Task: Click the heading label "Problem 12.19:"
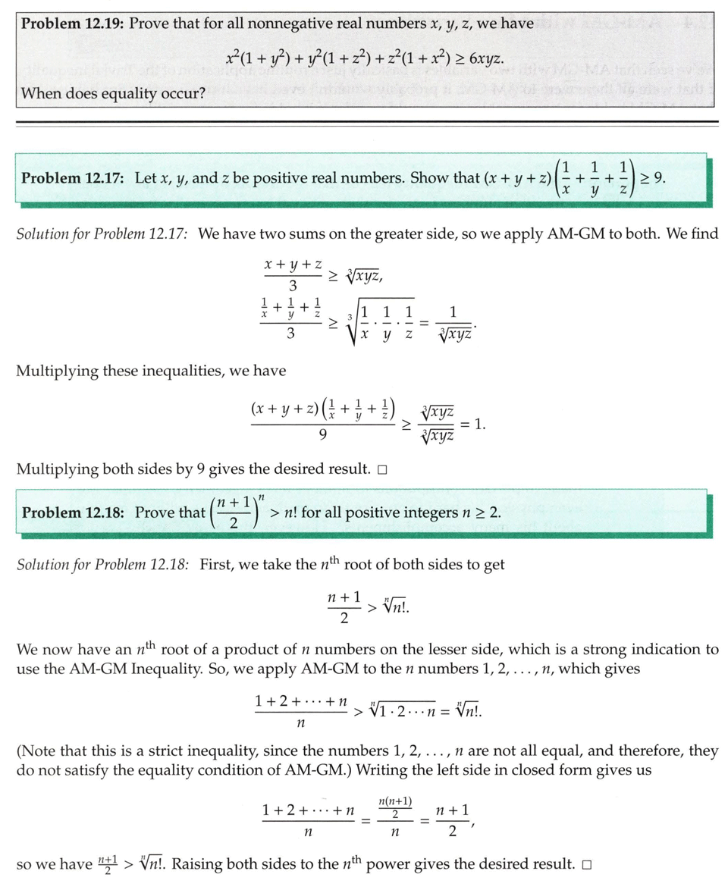(73, 23)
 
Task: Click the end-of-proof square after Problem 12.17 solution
(382, 469)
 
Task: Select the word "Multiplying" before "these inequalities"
(56, 371)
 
